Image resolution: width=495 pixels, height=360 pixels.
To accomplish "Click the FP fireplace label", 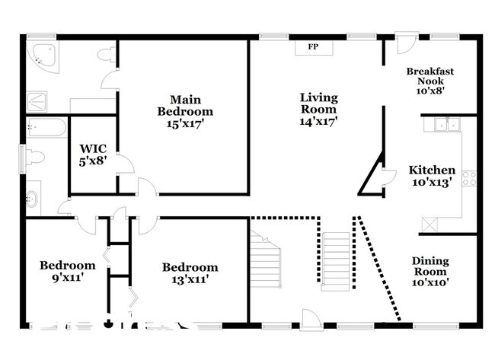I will tap(312, 47).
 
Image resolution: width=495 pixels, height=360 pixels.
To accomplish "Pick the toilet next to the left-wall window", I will tap(34, 158).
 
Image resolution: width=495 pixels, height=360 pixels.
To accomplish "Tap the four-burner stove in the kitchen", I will tap(470, 178).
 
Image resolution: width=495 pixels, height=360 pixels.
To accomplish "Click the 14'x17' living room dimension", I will tap(318, 119).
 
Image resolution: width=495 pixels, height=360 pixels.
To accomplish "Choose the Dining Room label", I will tap(430, 266).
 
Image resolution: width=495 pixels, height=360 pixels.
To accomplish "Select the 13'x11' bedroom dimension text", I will tap(190, 279).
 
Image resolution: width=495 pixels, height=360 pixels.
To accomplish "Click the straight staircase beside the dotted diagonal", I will tap(336, 260).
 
